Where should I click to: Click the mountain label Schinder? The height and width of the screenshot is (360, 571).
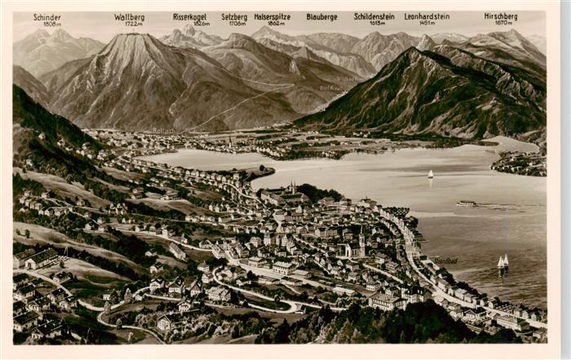(x=47, y=16)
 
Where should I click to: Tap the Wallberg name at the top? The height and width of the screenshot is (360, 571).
(x=130, y=16)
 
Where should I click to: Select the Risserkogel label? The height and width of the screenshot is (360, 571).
(x=191, y=16)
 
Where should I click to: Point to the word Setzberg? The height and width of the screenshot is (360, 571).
(x=234, y=16)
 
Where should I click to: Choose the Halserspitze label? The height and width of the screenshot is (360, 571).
(x=272, y=16)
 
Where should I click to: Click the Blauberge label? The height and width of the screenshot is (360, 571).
(x=321, y=16)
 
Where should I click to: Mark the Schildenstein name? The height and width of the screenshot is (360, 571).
(x=374, y=16)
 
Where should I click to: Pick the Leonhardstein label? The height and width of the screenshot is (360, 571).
(x=427, y=16)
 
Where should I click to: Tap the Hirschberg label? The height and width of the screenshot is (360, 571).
(x=500, y=16)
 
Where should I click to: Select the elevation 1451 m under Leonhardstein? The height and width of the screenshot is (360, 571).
(x=427, y=24)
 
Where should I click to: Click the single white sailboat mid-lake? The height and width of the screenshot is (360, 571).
(x=431, y=175)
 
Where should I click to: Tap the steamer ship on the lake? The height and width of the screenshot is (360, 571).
(x=467, y=203)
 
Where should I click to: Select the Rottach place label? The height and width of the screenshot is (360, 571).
(x=163, y=131)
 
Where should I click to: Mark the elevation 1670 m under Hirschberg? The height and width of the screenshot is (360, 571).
(x=500, y=24)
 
